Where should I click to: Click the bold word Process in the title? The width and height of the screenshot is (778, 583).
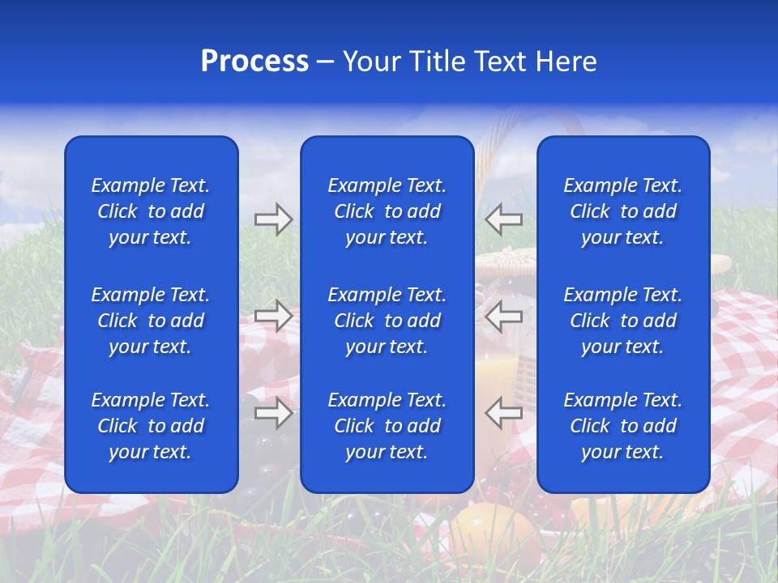point(254,62)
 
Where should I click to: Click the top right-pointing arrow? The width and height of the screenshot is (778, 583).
point(273,219)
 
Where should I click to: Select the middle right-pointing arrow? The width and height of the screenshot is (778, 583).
point(273,315)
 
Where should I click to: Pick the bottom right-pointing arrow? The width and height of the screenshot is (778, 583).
point(273,413)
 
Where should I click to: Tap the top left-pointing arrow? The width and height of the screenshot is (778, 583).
point(503,219)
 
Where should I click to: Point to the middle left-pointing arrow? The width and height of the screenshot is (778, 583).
point(503,315)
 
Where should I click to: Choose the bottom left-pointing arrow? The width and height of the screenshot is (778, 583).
point(503,413)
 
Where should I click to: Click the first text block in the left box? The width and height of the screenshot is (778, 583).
point(151,211)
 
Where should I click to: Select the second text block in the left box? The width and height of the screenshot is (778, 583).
point(151,321)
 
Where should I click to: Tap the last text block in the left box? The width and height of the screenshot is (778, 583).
point(151,426)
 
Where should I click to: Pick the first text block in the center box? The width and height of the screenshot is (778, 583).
point(387,211)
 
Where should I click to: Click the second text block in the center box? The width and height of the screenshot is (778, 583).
point(387,321)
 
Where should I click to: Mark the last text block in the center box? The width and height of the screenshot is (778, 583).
point(387,426)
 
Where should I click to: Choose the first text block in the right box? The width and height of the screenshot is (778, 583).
point(623,211)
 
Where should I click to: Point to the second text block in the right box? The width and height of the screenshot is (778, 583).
point(623,321)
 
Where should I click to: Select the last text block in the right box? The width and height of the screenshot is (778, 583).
point(623,426)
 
